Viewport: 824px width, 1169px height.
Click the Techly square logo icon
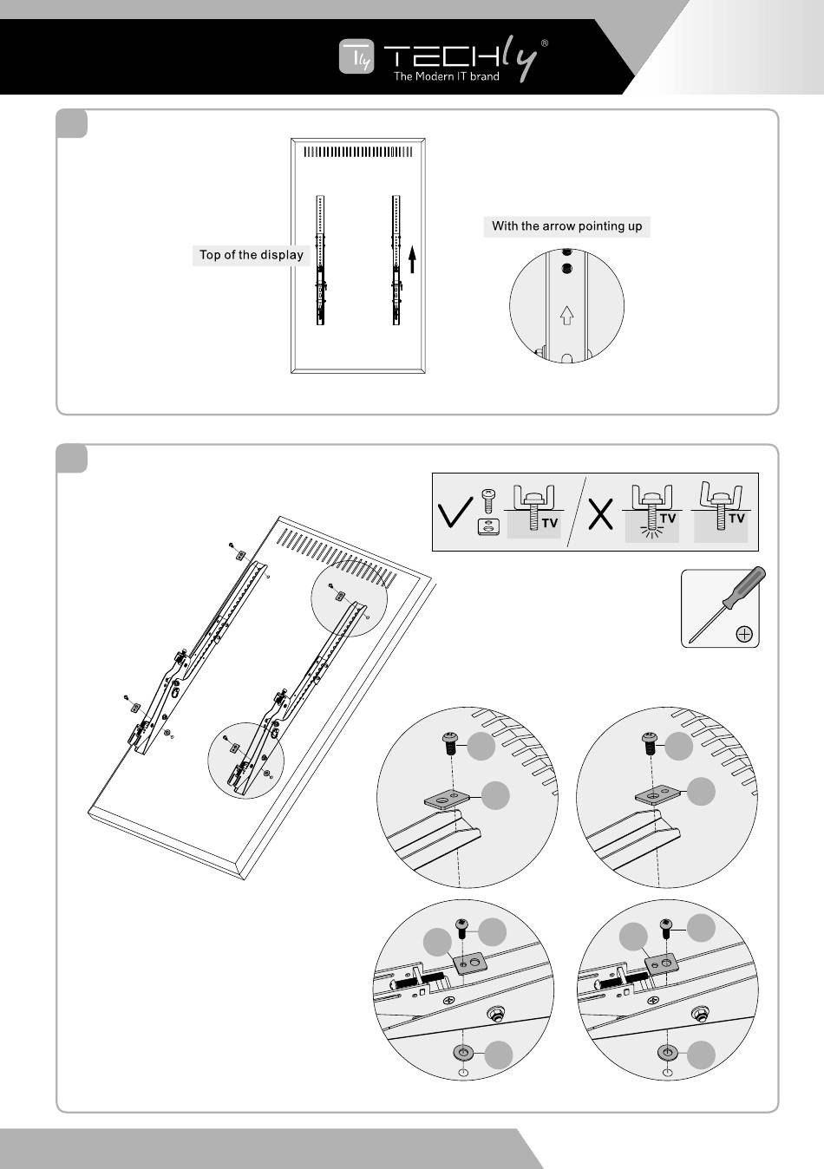click(356, 56)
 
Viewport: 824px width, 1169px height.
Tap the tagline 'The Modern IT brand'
click(446, 76)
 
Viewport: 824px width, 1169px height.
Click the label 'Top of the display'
click(251, 255)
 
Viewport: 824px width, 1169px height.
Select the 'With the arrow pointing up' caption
click(566, 226)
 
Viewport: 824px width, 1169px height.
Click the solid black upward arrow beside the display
click(412, 259)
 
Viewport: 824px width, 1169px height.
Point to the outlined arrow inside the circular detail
click(566, 315)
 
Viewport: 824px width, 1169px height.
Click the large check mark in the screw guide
click(455, 513)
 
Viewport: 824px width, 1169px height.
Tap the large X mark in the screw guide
click(600, 514)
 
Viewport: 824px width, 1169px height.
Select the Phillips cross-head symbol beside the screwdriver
click(743, 634)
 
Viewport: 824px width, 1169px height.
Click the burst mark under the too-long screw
click(651, 532)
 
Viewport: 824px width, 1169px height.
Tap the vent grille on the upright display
click(358, 152)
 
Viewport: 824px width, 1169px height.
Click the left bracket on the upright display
click(320, 260)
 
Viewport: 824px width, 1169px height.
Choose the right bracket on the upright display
click(396, 260)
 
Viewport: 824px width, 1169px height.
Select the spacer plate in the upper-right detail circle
click(656, 796)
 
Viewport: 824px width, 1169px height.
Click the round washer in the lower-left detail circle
click(463, 1052)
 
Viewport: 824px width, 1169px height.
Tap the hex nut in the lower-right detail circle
click(696, 1015)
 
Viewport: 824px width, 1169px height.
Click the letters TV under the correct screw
click(550, 523)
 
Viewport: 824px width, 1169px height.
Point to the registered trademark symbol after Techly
click(545, 43)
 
